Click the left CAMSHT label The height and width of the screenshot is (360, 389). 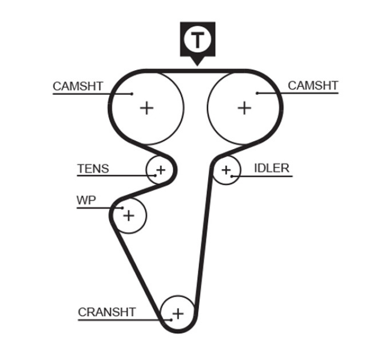coord(78,86)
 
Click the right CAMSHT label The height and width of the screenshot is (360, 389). coord(313,86)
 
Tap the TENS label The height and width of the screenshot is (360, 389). coord(93,169)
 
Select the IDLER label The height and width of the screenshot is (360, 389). coord(272,168)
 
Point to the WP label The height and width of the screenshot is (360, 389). coord(86,200)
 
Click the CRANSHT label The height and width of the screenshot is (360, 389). coord(106,312)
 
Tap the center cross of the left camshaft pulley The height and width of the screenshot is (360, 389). coord(146,108)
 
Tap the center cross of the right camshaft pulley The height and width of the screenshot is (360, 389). coord(245,108)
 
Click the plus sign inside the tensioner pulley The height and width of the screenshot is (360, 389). coord(161,170)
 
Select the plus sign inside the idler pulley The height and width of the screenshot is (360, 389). coord(226,170)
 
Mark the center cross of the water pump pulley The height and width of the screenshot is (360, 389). coord(129,215)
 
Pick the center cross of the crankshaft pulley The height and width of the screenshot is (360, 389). coord(178,314)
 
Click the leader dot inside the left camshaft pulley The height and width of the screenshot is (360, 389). coord(132,94)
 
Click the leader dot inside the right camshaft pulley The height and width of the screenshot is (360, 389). coord(257,93)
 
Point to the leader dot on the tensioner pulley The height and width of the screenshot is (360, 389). coord(155,175)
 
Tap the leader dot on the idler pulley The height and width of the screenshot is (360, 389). coord(232,176)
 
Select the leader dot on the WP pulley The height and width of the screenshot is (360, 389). coord(122,208)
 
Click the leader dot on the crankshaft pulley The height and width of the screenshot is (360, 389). coord(171,320)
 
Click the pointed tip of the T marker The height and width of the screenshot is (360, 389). coord(197,66)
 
